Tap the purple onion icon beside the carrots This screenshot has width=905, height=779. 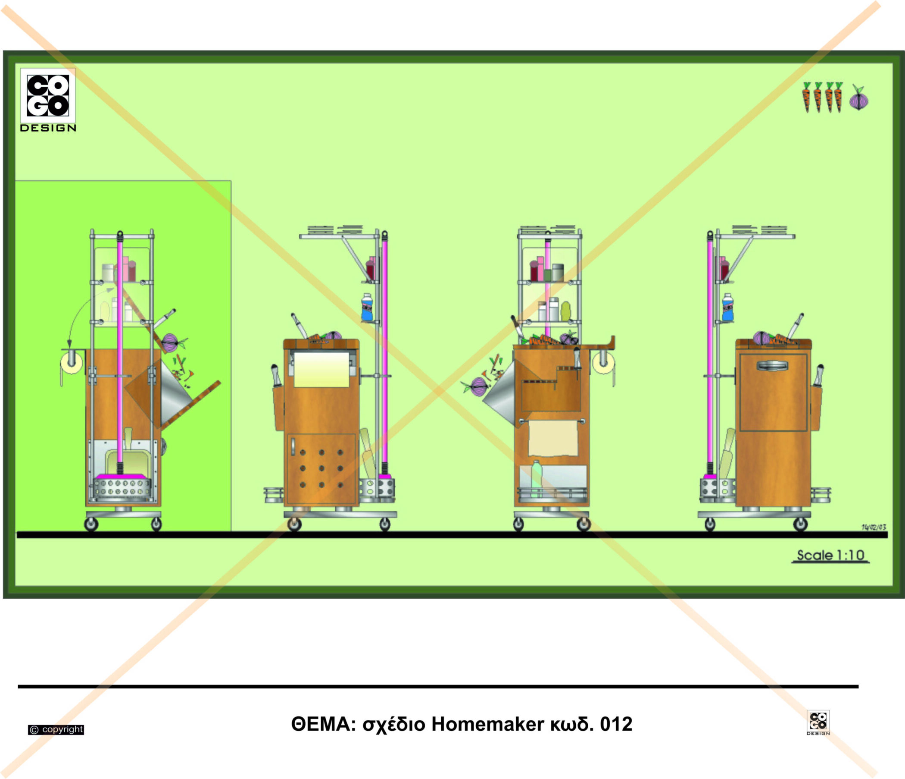point(859,100)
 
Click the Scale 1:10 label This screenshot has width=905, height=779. point(830,555)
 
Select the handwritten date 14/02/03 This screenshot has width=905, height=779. point(874,527)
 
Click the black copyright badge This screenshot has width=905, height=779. point(56,729)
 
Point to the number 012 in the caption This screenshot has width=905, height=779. point(616,724)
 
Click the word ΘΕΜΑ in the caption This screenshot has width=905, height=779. point(321,724)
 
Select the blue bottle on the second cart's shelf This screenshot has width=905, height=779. point(367,308)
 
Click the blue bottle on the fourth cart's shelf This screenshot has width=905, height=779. point(727,308)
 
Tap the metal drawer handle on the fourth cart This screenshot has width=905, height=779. point(772,365)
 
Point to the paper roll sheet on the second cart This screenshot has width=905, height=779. point(321,369)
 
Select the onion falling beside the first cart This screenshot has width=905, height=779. point(170,342)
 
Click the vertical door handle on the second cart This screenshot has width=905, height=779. point(293,446)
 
